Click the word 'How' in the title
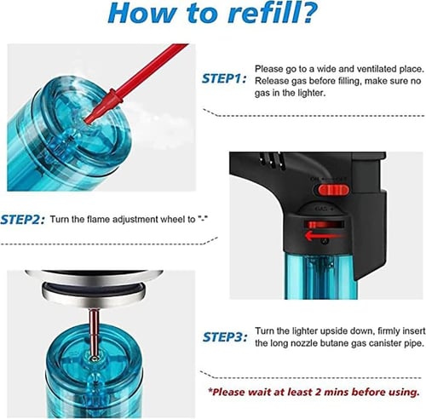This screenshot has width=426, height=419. coord(137,13)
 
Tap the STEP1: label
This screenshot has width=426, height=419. coord(223,78)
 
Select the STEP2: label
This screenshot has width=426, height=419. coord(22,220)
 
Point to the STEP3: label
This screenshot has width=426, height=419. coord(225,337)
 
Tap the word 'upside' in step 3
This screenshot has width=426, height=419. coord(332,331)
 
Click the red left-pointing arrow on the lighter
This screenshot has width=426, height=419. coord(323,235)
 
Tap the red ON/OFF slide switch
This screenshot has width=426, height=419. coord(332,190)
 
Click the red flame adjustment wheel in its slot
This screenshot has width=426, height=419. coord(318,225)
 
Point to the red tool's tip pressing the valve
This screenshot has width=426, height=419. coord(89,120)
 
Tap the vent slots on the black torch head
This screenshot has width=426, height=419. coord(271,159)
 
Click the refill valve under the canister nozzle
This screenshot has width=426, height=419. coord(95,359)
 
